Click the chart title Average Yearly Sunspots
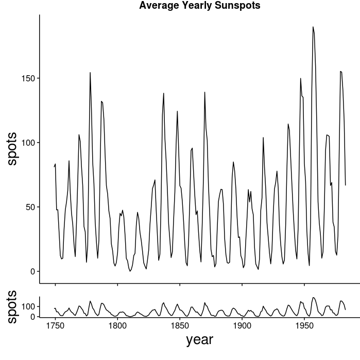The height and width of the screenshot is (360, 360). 200,6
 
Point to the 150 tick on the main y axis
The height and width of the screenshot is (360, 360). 28,78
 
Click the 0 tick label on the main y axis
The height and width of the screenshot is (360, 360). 32,271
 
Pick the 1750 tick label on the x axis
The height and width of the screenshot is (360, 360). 55,325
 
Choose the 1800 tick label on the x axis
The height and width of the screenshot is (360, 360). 117,325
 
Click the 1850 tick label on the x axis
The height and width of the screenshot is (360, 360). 180,325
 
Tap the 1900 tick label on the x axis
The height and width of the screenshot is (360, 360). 242,325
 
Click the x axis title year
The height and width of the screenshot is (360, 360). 199,339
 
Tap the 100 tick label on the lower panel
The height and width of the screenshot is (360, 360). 28,306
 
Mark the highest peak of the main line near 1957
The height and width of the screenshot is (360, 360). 313,27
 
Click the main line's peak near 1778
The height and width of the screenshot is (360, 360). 90,73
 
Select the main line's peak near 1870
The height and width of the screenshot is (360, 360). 204,92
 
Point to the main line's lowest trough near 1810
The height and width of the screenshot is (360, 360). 130,271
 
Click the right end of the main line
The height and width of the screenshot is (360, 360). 346,185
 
